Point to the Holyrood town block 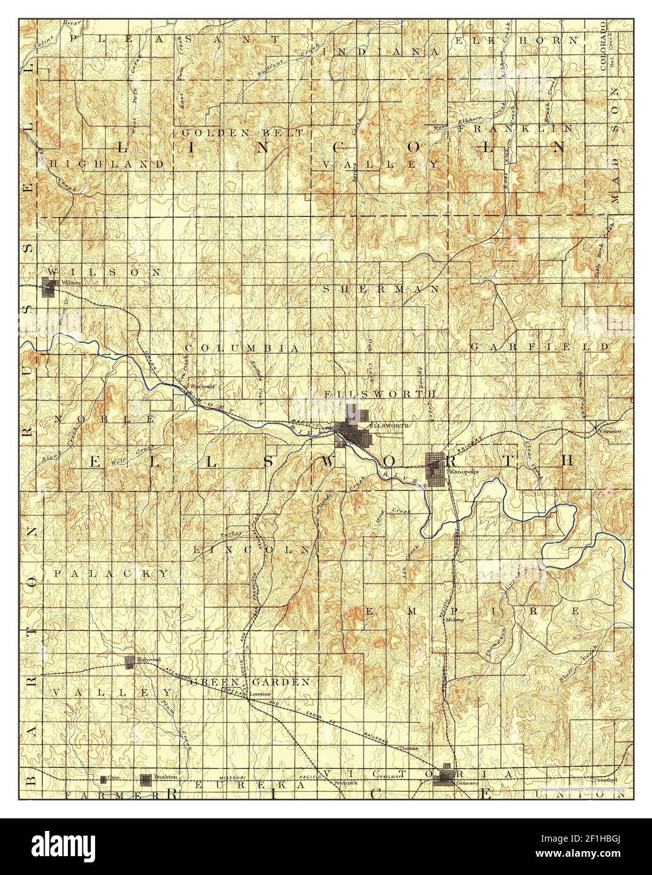[130, 662]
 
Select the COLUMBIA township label [241, 347]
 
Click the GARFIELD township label [539, 347]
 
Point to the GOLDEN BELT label [243, 133]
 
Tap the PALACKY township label [111, 573]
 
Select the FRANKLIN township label [515, 128]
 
